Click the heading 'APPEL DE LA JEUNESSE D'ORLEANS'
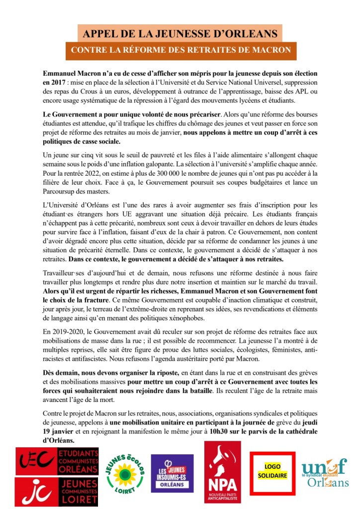click(180, 34)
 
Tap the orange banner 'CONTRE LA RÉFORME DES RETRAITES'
click(180, 50)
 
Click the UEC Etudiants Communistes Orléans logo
click(57, 461)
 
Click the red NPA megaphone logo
click(222, 472)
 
